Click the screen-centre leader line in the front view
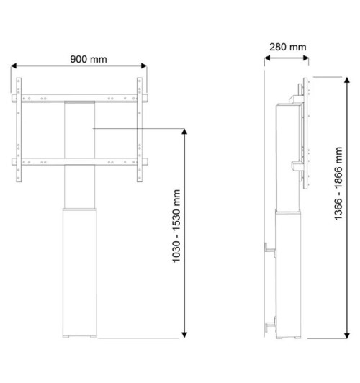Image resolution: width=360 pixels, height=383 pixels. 137,129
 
